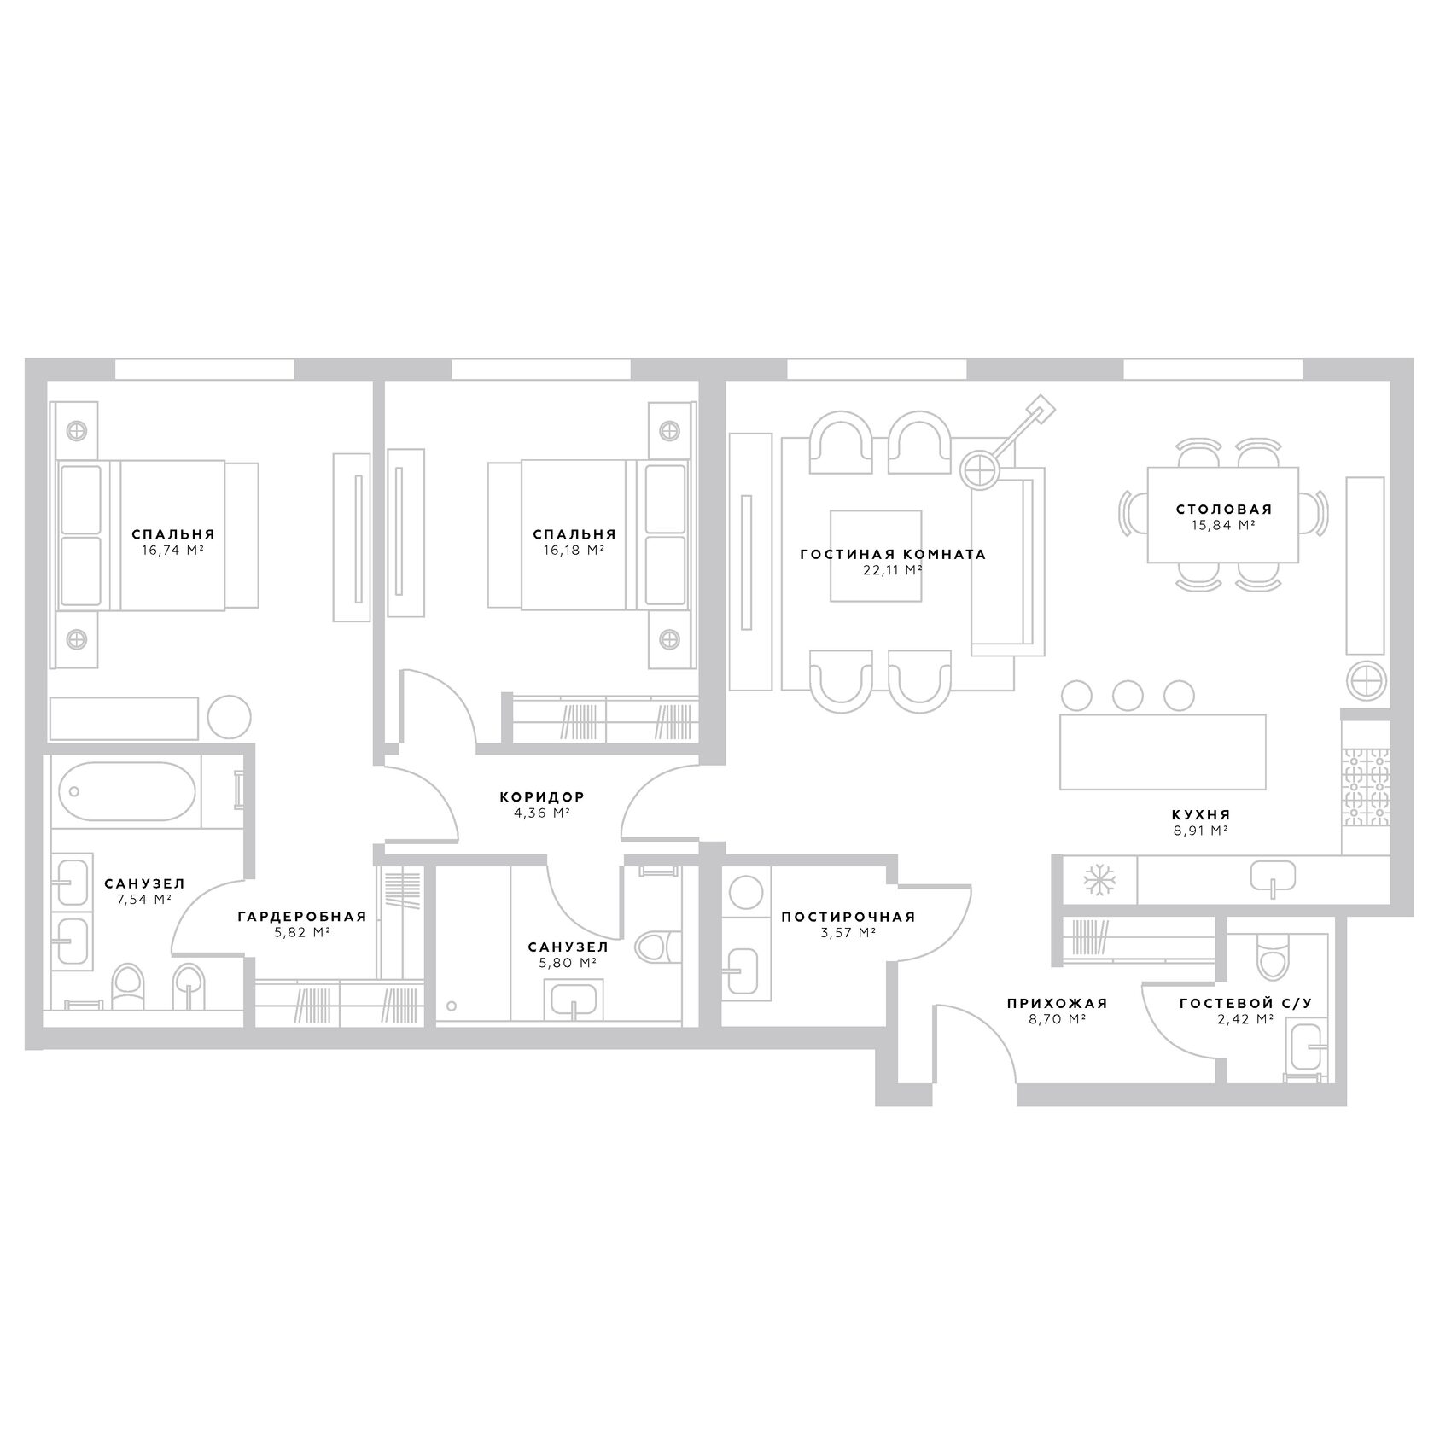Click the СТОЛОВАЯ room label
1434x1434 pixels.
(x=1223, y=510)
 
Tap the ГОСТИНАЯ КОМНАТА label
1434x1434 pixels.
(x=893, y=555)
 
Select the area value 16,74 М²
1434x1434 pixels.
(x=172, y=551)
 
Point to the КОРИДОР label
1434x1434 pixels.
(x=542, y=797)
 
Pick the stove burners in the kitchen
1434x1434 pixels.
(x=1366, y=788)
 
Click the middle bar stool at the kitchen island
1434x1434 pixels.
(x=1128, y=694)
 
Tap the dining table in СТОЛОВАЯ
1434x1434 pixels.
(x=1223, y=516)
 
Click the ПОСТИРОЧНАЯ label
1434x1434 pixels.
(x=848, y=918)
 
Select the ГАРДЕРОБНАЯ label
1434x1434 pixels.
(x=302, y=917)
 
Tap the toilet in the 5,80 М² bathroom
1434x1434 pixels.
(x=657, y=947)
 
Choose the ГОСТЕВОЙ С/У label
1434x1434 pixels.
(x=1238, y=1004)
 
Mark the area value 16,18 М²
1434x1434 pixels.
(x=574, y=551)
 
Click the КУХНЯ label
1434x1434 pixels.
(x=1201, y=814)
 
